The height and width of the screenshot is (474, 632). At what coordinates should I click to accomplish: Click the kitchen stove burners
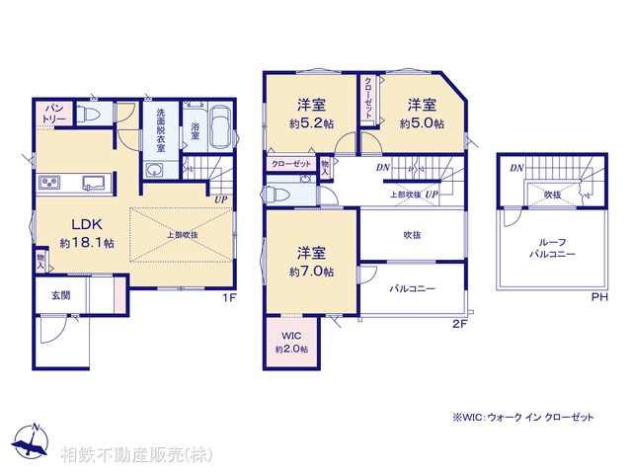click(49, 183)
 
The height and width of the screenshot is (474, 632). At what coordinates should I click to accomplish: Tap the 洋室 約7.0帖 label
click(311, 262)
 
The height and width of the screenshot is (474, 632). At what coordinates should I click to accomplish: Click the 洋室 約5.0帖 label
click(422, 114)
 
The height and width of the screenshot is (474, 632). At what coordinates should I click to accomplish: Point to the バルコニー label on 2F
click(412, 289)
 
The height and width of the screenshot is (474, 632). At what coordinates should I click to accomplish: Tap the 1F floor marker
click(227, 296)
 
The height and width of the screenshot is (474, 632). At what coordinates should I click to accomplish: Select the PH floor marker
click(598, 296)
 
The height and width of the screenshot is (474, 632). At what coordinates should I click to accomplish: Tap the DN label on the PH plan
click(516, 169)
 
